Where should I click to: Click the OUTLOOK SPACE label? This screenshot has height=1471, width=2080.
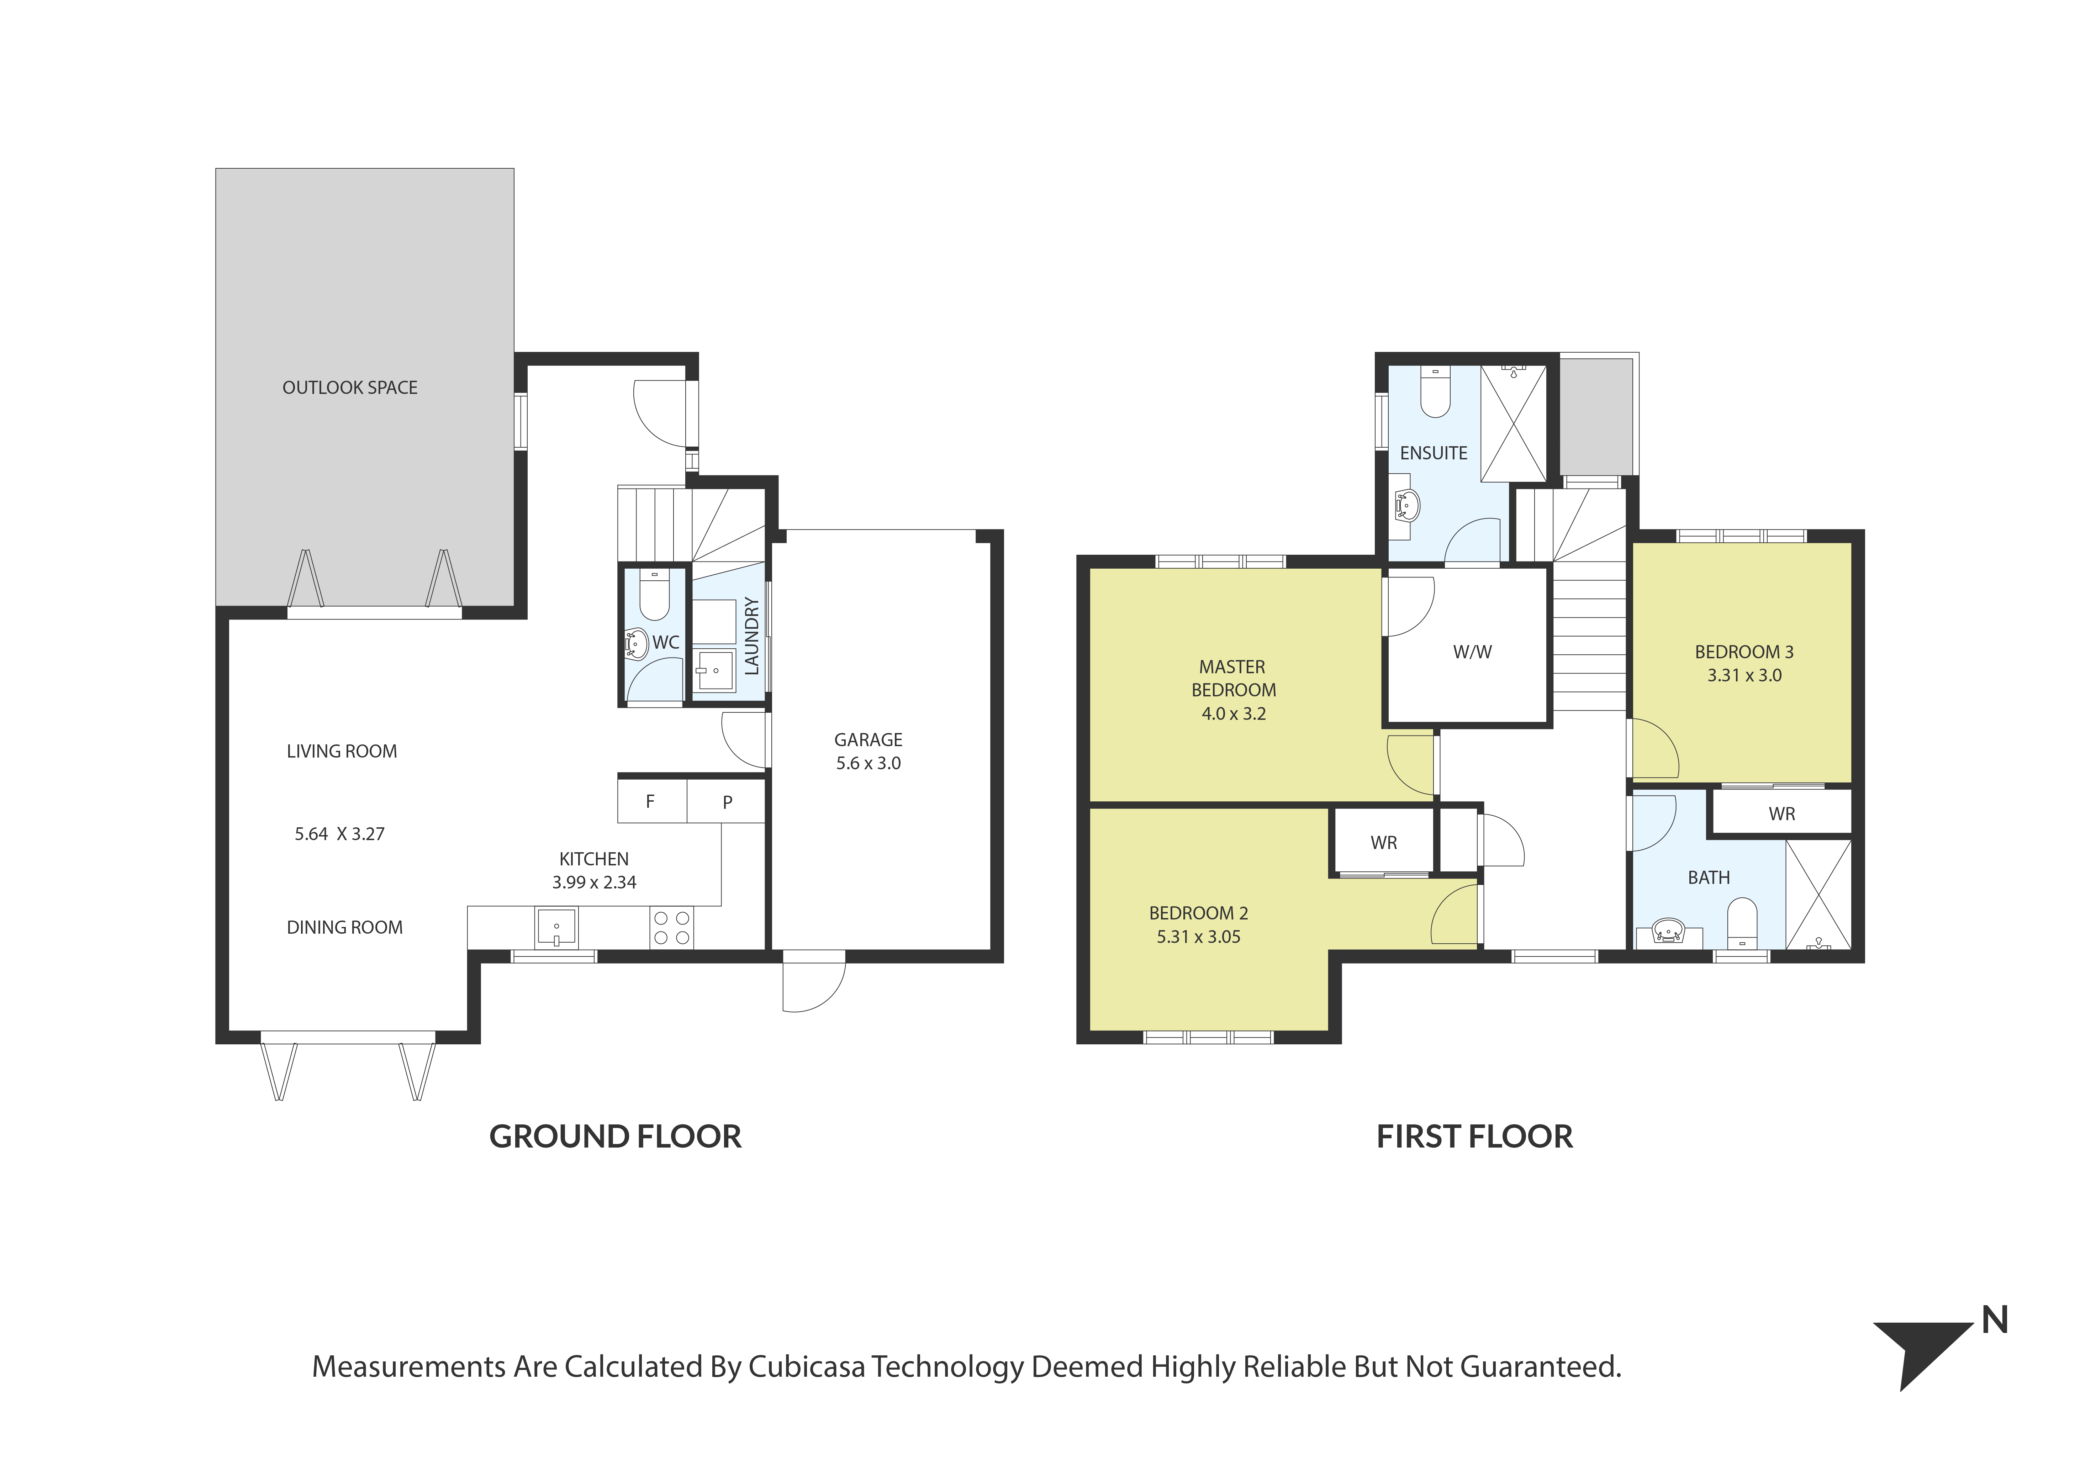pos(350,388)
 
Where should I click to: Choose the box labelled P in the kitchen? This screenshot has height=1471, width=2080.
pos(727,802)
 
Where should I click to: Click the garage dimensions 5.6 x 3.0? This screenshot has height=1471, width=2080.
pos(868,764)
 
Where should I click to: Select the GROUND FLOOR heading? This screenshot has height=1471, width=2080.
pos(615,1137)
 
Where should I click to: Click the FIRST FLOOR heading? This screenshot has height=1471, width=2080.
pos(1474,1137)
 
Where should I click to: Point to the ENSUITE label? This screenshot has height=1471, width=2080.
pos(1433,453)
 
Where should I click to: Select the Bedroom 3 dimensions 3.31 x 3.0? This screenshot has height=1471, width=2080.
pos(1744,676)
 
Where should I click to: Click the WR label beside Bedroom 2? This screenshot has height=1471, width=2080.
pos(1383,843)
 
